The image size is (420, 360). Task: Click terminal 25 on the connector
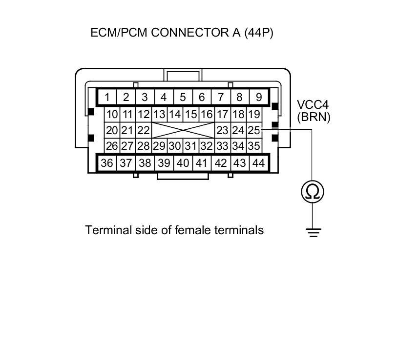(x=253, y=130)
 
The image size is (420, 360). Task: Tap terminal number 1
(x=107, y=97)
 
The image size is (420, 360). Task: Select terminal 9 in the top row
(x=258, y=97)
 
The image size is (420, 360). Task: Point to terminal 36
(x=107, y=163)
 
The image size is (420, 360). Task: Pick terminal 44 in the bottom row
(x=258, y=163)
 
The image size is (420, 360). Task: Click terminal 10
(x=112, y=115)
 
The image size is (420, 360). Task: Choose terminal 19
(x=253, y=115)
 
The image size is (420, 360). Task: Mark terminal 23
(x=222, y=130)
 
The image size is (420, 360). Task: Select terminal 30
(x=174, y=146)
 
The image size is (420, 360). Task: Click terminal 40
(x=183, y=163)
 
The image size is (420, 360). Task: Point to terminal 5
(x=183, y=97)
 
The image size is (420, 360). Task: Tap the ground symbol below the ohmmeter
(x=313, y=232)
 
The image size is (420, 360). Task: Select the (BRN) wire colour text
(x=314, y=117)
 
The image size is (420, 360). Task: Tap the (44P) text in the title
(x=258, y=33)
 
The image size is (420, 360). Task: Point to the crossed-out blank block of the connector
(x=183, y=130)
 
